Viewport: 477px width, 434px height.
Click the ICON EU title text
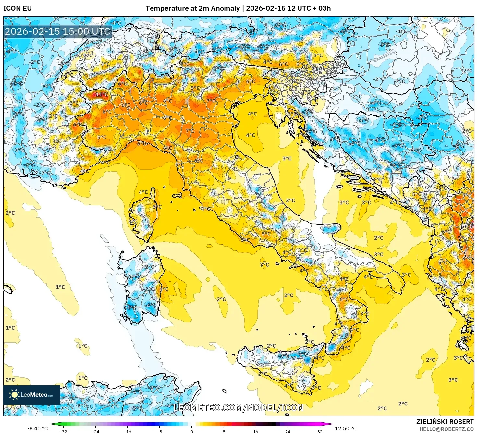click(18, 8)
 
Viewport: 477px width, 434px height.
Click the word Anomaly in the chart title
click(223, 8)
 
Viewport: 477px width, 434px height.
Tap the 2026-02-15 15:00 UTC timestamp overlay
click(58, 31)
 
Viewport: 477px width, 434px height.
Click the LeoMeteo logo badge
click(32, 395)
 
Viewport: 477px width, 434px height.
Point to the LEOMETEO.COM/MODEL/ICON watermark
click(238, 408)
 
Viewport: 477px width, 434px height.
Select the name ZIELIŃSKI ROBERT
click(445, 422)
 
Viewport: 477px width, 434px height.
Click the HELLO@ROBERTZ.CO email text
click(446, 429)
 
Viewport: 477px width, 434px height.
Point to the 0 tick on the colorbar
click(192, 431)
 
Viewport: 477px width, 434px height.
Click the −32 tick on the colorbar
click(63, 431)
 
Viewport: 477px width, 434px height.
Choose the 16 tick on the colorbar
click(256, 431)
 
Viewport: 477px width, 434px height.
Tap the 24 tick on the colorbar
click(288, 431)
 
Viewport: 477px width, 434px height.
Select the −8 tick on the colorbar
click(160, 431)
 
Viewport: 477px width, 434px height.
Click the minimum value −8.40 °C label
click(37, 428)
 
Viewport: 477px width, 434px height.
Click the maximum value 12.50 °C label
click(345, 428)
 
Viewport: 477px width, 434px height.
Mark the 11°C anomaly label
click(102, 94)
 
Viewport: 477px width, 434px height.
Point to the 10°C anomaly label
click(467, 225)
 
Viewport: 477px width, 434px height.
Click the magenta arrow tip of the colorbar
click(331, 424)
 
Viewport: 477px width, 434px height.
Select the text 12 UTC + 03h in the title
click(309, 8)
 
